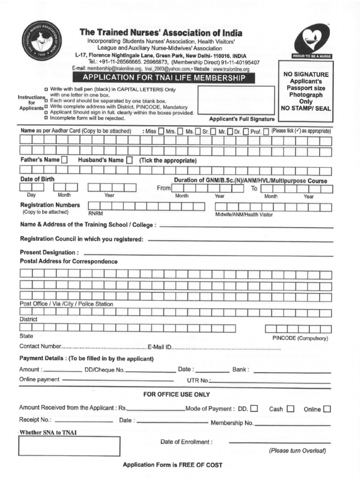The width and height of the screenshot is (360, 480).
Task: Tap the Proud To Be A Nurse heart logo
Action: [x=312, y=41]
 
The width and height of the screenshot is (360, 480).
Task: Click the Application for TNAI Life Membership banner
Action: [x=164, y=77]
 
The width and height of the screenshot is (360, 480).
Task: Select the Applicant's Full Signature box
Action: [x=236, y=100]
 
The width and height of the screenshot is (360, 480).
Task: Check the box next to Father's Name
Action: [x=64, y=160]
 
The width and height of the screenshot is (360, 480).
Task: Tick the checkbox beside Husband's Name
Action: [x=129, y=160]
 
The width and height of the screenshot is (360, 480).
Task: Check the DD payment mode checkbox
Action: [x=254, y=408]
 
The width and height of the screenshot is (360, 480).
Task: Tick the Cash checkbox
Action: [x=291, y=408]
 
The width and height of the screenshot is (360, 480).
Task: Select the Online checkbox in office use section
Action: [x=327, y=409]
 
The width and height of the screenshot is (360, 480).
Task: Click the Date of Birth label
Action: [x=37, y=180]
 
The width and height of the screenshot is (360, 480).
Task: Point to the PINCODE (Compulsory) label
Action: [x=300, y=338]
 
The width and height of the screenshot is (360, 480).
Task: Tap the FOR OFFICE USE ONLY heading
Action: [x=177, y=394]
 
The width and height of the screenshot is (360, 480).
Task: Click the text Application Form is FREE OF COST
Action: [x=172, y=465]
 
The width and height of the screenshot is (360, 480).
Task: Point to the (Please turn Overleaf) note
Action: [x=297, y=451]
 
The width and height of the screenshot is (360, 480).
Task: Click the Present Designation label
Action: [x=49, y=252]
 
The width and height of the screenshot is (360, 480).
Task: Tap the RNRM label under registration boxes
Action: [x=95, y=213]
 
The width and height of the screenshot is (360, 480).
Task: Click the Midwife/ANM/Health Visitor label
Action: [x=244, y=215]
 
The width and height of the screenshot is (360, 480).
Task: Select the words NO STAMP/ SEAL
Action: [x=306, y=108]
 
